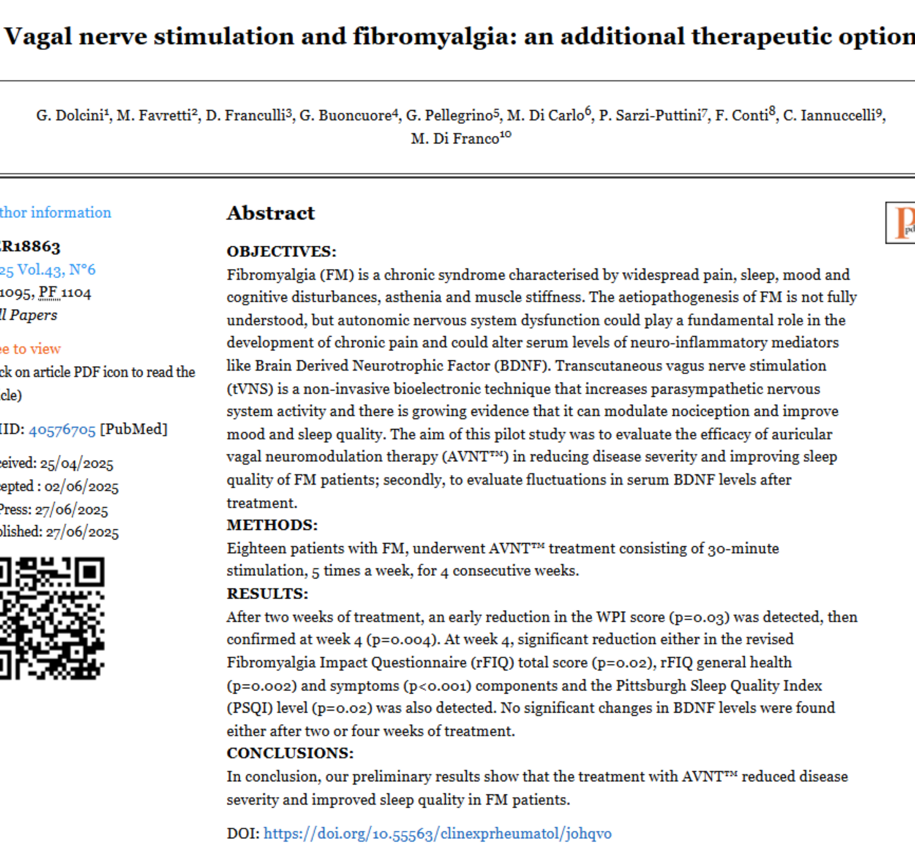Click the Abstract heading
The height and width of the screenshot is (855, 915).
(271, 213)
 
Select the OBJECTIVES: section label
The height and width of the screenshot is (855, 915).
(281, 251)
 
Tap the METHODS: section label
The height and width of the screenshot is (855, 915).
(272, 525)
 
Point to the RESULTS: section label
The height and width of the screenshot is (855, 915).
(267, 594)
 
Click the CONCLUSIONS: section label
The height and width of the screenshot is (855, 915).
(290, 753)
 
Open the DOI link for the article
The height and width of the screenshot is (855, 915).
(437, 833)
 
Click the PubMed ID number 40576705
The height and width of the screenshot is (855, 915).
(62, 430)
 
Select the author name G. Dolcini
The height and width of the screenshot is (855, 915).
(70, 115)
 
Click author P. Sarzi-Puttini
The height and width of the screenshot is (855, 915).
(650, 115)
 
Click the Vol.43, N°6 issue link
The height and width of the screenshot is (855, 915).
(55, 269)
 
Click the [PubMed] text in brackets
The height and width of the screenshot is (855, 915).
(134, 430)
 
